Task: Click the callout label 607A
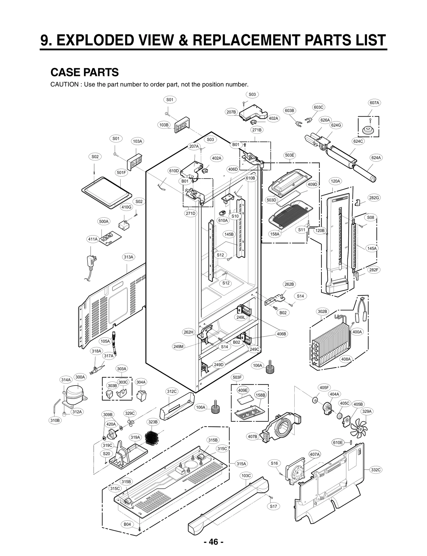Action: click(x=374, y=103)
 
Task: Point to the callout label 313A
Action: click(x=128, y=257)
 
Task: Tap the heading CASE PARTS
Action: click(x=85, y=72)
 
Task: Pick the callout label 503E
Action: click(x=290, y=155)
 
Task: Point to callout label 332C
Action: click(x=376, y=470)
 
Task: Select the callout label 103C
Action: click(x=246, y=475)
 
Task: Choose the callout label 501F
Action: click(x=121, y=173)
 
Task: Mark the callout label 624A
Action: click(x=376, y=158)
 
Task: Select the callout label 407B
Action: click(x=252, y=437)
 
